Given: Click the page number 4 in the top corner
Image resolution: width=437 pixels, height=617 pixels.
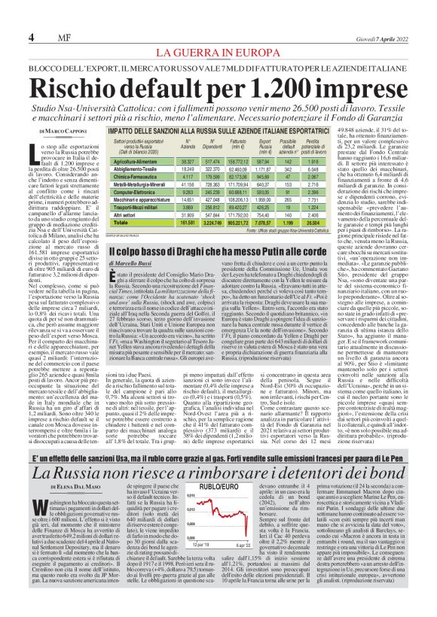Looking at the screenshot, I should click(x=31, y=37).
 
